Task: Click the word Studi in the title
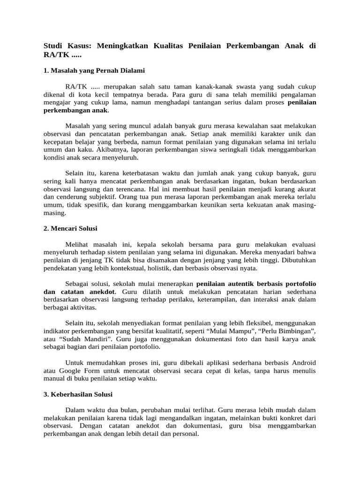53,46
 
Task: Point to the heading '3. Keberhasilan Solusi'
78,394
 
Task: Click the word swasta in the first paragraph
240,87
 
